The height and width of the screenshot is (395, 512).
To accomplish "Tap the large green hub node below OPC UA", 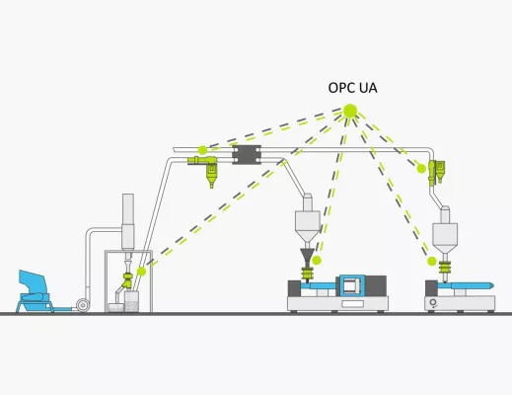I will click(x=348, y=112).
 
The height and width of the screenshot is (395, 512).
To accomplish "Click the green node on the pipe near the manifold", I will click(x=202, y=151).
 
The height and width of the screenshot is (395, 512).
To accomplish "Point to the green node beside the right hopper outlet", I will click(x=431, y=262).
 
